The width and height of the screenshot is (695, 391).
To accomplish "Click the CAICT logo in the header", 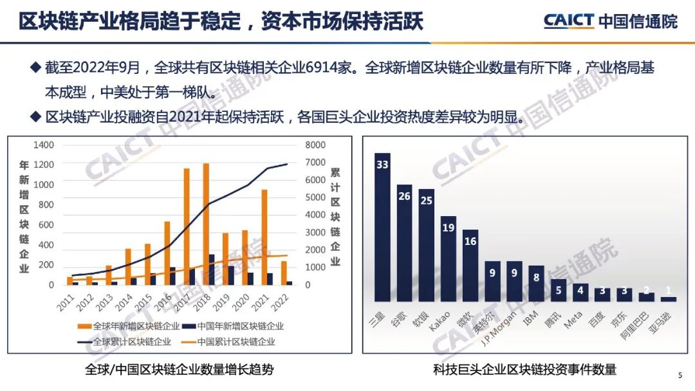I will [569, 21].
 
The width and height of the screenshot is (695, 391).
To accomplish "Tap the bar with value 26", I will [404, 243].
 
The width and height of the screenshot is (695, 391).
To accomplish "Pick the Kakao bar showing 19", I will [448, 259].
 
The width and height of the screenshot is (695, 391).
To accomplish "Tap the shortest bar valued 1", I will [669, 298].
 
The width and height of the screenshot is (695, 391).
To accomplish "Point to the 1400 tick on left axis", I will [44, 146].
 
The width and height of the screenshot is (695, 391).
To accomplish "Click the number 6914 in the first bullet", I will [306, 68].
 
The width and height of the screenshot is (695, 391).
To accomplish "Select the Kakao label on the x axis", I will [438, 322].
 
